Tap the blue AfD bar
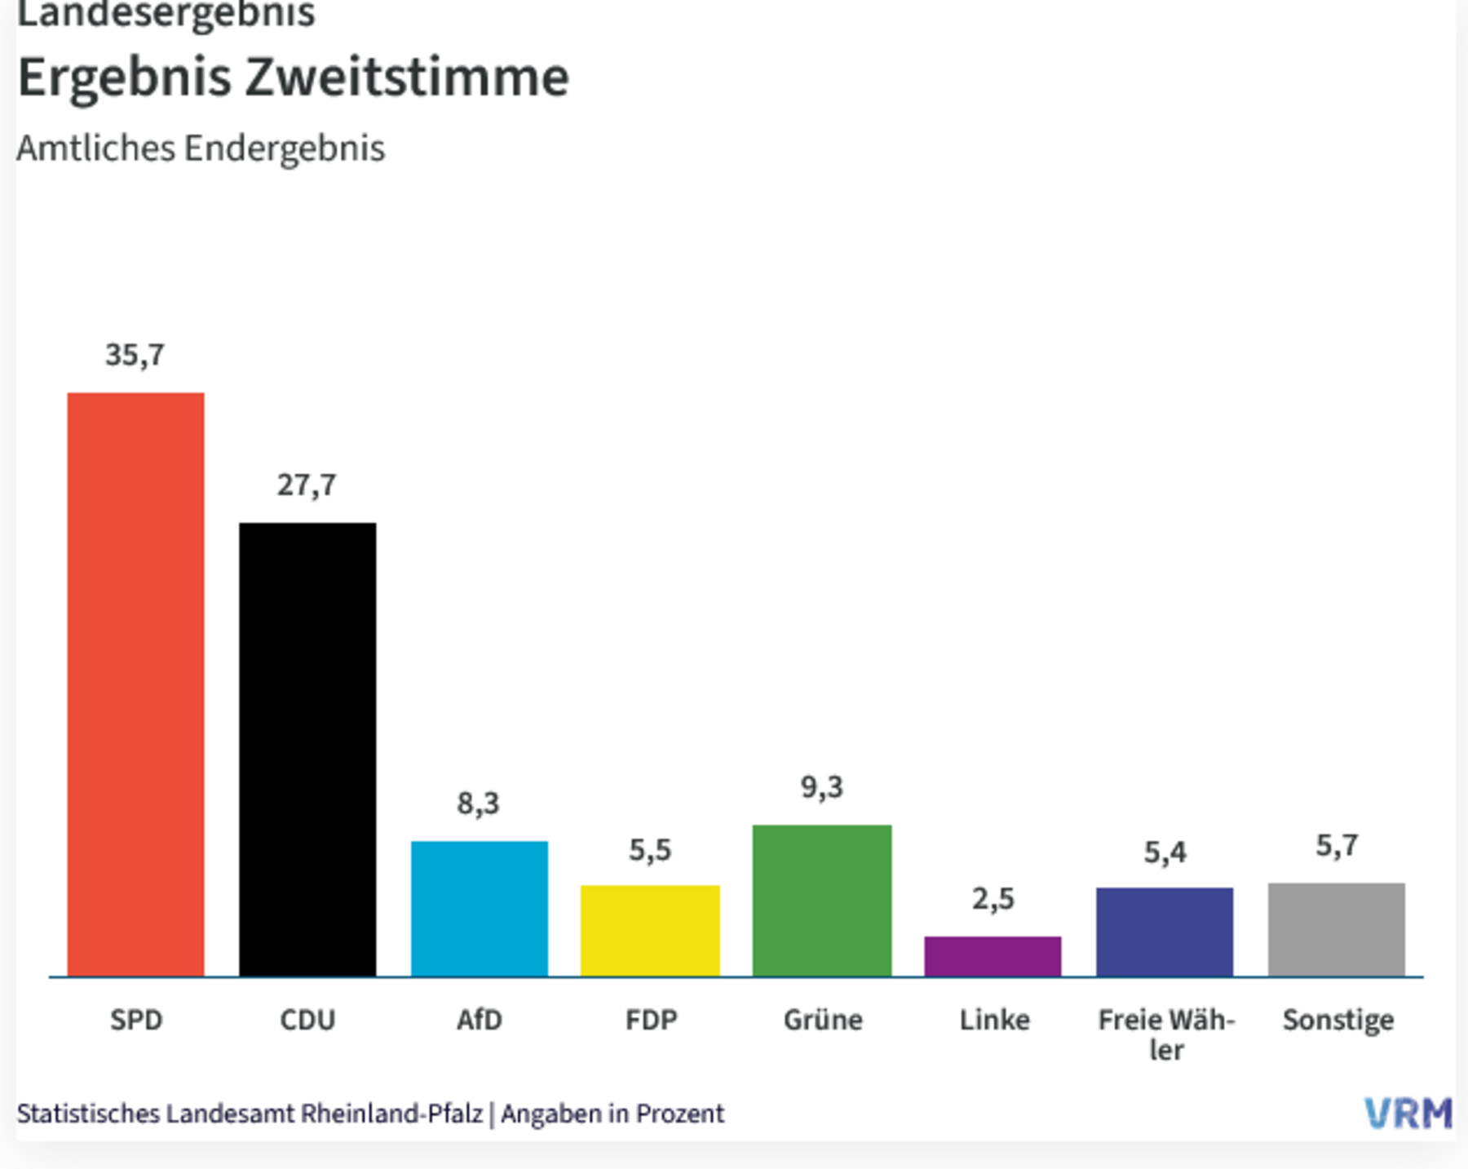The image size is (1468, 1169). point(479,908)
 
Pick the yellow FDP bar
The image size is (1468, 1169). point(650,930)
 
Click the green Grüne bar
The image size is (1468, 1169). point(821,900)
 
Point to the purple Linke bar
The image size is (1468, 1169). point(993,956)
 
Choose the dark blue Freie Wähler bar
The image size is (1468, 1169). point(1165,932)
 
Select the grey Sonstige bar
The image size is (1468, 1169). point(1336,929)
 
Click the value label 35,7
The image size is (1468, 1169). point(135,355)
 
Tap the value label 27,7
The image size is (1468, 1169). point(307,485)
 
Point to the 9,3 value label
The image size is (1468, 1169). point(821,787)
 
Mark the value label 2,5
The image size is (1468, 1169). point(993,899)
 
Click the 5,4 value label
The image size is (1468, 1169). point(1165,852)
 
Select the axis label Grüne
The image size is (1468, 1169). point(823,1020)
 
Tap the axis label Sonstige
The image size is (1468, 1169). point(1338,1021)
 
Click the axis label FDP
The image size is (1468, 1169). point(651,1020)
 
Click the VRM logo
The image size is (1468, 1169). point(1408,1114)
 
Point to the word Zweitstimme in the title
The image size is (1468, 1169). point(407,77)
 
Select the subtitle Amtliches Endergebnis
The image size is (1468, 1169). point(201,148)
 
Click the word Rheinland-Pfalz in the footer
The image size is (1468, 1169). point(391,1114)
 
